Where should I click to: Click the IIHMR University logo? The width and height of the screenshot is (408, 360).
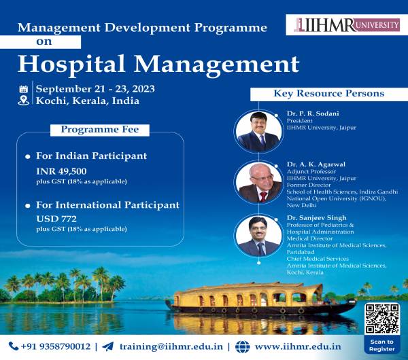pyautogui.click(x=347, y=25)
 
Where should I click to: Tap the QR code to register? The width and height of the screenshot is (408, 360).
pyautogui.click(x=382, y=319)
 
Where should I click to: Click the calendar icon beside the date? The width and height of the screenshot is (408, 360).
pyautogui.click(x=23, y=89)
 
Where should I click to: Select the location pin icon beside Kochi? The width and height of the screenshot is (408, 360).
pyautogui.click(x=23, y=101)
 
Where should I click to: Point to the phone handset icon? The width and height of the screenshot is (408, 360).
pyautogui.click(x=14, y=346)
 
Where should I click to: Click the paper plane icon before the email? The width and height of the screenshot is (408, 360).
pyautogui.click(x=107, y=346)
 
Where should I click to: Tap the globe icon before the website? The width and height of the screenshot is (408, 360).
pyautogui.click(x=242, y=346)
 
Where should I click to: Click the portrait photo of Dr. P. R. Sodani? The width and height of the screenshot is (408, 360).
pyautogui.click(x=258, y=131)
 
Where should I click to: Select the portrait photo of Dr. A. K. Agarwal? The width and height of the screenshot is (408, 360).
pyautogui.click(x=259, y=183)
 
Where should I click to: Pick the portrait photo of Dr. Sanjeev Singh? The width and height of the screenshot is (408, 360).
pyautogui.click(x=258, y=236)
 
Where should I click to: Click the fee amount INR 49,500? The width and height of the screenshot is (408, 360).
pyautogui.click(x=61, y=171)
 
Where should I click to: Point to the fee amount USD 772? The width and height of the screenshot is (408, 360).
pyautogui.click(x=56, y=219)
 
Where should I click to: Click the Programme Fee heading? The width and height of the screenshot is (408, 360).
pyautogui.click(x=100, y=130)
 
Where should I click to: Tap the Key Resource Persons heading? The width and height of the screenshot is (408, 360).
pyautogui.click(x=329, y=93)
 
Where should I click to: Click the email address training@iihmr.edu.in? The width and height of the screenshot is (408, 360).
pyautogui.click(x=171, y=346)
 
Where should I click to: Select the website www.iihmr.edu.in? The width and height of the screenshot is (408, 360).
pyautogui.click(x=298, y=346)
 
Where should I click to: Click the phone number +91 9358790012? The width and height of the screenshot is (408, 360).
pyautogui.click(x=56, y=346)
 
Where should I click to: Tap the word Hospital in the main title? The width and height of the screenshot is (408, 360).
pyautogui.click(x=71, y=65)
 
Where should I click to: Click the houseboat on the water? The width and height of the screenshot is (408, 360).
pyautogui.click(x=261, y=299)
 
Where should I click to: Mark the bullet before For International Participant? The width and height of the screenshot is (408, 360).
pyautogui.click(x=28, y=206)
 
